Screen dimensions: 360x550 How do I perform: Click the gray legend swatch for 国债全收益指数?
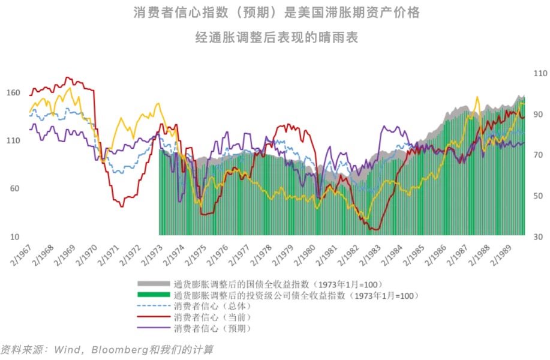coord(154,283)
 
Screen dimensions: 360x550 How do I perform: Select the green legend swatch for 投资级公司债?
coord(154,295)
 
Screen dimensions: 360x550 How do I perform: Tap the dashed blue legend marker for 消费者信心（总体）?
coord(154,306)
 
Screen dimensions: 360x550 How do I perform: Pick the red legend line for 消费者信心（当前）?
coord(154,317)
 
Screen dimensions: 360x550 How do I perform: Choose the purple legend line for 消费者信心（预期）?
coord(154,328)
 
